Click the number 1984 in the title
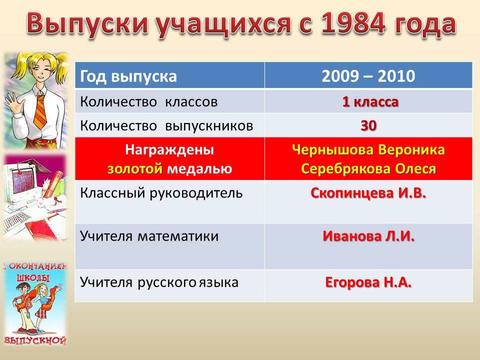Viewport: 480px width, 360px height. click(353, 23)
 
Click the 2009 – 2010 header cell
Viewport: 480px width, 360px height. click(368, 76)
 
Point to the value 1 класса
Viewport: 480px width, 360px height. click(370, 101)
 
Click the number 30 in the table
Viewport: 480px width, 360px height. click(368, 125)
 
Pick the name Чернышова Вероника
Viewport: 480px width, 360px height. click(368, 149)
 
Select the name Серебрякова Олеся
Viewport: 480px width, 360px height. click(368, 168)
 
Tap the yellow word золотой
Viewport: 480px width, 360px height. click(134, 168)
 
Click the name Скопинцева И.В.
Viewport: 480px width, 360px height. click(368, 193)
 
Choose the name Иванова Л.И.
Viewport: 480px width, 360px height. click(368, 236)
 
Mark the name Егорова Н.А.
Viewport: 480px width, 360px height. click(368, 282)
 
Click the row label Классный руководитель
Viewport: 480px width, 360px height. click(161, 193)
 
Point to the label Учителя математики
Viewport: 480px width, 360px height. click(149, 236)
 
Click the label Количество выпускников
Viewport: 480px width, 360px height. click(166, 126)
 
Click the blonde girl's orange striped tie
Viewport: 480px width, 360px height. click(40, 111)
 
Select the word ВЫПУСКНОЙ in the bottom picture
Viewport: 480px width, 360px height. click(35, 340)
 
